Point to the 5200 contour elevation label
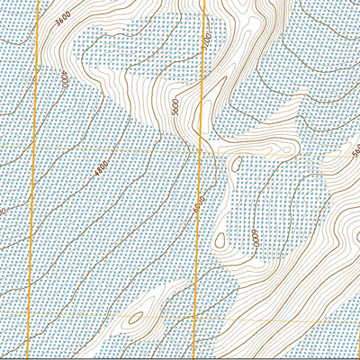[206, 42]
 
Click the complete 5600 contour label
[175, 107]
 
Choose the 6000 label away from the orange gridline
[255, 238]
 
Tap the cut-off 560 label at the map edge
[355, 148]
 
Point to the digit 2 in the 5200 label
[206, 45]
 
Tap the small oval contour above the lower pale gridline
[136, 316]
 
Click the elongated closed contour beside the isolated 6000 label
[219, 239]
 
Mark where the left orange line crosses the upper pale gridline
[35, 145]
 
